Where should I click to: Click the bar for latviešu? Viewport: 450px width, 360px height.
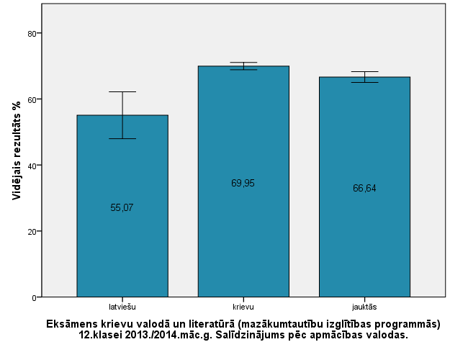[x=122, y=245]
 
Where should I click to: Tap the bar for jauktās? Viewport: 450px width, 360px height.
[x=364, y=238]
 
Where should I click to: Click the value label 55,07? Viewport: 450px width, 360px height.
[x=122, y=207]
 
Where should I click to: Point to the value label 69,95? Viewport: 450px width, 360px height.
[x=243, y=183]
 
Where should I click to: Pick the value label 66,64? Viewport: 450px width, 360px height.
[x=364, y=189]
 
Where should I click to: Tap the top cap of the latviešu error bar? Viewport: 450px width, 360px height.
[x=122, y=91]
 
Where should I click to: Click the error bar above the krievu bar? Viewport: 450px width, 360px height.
[x=243, y=66]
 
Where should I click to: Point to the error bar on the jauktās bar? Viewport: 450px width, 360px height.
[x=364, y=77]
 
